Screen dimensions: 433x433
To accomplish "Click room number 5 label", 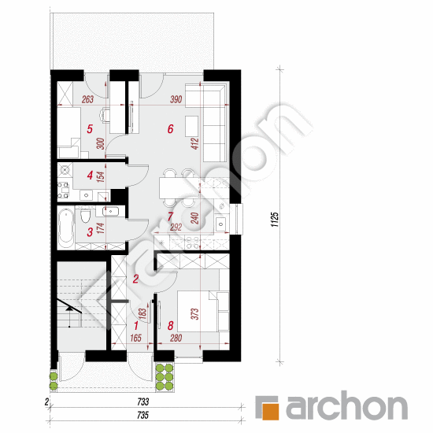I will coord(90,128).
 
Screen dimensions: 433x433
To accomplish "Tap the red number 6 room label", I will coord(169,128).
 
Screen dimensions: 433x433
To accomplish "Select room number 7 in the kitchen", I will coord(170,216).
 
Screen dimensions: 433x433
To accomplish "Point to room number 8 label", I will coord(170,324).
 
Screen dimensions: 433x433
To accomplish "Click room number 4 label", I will coord(90,176).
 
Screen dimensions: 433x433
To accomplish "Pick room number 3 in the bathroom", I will coord(90,231).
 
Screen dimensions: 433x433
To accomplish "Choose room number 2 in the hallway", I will coord(135,279).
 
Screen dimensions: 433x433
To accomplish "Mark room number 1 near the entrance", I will coord(135,324).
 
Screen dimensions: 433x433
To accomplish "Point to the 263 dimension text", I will coord(87,99).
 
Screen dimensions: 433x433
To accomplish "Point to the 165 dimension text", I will coord(135,339).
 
